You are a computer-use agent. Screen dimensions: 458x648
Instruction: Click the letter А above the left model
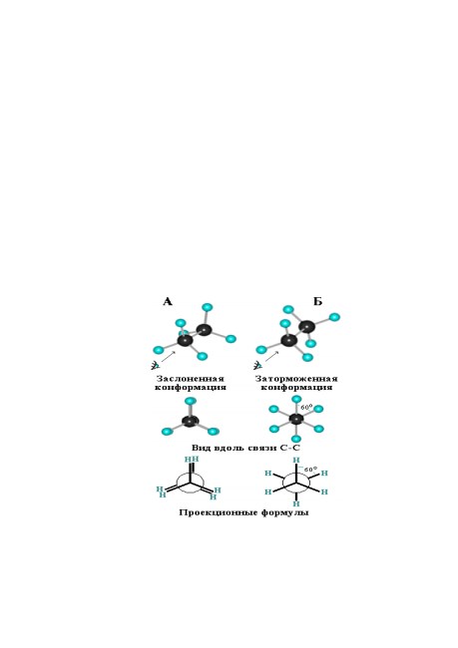point(168,302)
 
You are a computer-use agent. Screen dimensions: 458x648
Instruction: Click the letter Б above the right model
point(317,302)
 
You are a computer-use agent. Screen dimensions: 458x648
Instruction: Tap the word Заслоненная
point(191,379)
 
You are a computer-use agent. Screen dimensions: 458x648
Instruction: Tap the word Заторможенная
point(296,379)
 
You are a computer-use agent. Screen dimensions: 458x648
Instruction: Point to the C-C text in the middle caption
point(290,448)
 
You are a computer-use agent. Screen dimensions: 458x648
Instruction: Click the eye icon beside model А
point(155,365)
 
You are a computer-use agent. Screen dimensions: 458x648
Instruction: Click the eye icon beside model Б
point(258,365)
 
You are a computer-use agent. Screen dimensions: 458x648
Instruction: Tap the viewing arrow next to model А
point(168,357)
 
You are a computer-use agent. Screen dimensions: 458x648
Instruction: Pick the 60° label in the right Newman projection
point(310,470)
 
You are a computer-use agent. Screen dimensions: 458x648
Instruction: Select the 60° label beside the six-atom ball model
point(306,407)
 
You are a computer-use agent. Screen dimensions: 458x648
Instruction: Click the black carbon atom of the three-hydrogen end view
point(191,421)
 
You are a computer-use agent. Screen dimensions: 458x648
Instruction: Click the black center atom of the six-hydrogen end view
point(296,419)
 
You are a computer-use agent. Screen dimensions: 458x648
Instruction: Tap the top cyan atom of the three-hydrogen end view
point(190,401)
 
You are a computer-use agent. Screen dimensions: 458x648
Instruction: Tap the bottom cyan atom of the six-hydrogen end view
point(296,439)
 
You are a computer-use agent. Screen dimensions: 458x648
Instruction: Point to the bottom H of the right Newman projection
point(296,503)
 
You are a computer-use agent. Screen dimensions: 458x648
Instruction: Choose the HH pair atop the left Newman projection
point(192,460)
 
